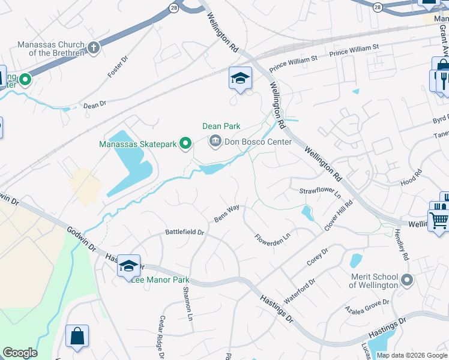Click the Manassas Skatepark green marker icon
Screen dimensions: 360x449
pyautogui.click(x=185, y=143)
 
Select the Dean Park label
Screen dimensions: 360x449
pyautogui.click(x=221, y=126)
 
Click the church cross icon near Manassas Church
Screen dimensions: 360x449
pyautogui.click(x=93, y=47)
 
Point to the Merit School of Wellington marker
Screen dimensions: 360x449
pyautogui.click(x=408, y=280)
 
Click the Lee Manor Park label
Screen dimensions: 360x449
pyautogui.click(x=160, y=280)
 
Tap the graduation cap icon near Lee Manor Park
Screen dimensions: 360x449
pyautogui.click(x=128, y=266)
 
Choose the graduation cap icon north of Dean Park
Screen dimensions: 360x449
pyautogui.click(x=240, y=78)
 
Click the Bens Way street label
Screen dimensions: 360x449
pyautogui.click(x=228, y=213)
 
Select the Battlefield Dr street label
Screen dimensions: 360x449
pyautogui.click(x=185, y=232)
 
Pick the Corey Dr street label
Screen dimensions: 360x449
pyautogui.click(x=318, y=257)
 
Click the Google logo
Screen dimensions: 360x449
pyautogui.click(x=20, y=353)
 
